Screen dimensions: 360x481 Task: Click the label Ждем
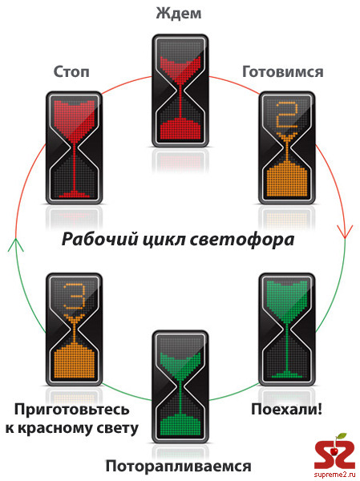tap(179, 13)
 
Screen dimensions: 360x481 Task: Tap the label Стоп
tap(71, 72)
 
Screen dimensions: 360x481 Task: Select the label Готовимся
tap(283, 72)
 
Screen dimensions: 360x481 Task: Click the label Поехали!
tap(287, 409)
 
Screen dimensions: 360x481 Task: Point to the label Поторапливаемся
tap(178, 466)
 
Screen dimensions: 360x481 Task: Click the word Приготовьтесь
tap(72, 410)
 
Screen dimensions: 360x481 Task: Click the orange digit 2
tap(287, 115)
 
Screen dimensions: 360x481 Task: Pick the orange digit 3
tap(74, 297)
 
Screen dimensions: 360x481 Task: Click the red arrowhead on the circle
tap(345, 232)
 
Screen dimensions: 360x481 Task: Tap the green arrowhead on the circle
tap(16, 245)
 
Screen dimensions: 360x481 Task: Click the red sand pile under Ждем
tap(180, 129)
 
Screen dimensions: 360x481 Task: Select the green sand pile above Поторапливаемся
tap(180, 425)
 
